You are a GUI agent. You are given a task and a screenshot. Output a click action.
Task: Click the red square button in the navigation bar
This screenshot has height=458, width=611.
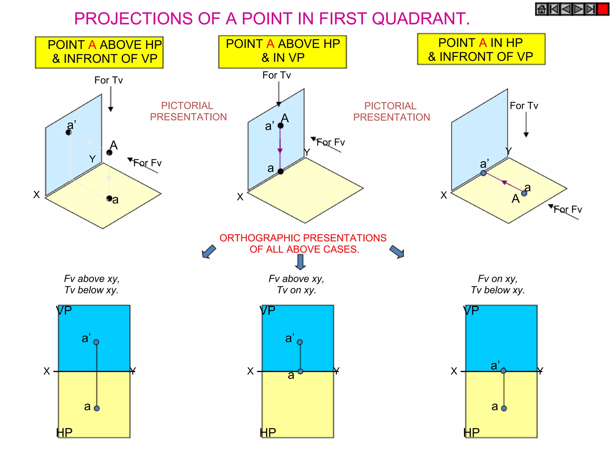pyautogui.click(x=603, y=9)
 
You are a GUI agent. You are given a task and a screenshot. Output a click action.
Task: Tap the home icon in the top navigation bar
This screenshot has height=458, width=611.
pyautogui.click(x=542, y=9)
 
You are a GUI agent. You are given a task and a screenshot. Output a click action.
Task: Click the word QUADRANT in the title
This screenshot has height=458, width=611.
pyautogui.click(x=421, y=18)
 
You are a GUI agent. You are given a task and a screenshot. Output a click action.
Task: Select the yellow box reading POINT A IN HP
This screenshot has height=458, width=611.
pyautogui.click(x=481, y=49)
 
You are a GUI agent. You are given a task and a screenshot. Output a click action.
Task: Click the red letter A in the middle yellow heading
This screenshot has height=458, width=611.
pyautogui.click(x=270, y=44)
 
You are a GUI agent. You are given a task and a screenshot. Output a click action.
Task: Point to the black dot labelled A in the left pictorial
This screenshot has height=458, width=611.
pyautogui.click(x=109, y=153)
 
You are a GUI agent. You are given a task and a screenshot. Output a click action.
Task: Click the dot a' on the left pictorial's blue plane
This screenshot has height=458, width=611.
pyautogui.click(x=69, y=132)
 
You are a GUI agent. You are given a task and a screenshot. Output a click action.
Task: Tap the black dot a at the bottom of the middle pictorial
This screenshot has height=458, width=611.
pyautogui.click(x=281, y=171)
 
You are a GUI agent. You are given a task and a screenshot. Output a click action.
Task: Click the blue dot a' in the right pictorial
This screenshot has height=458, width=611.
pyautogui.click(x=483, y=173)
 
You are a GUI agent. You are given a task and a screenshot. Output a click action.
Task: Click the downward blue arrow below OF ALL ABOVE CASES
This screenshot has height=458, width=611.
pyautogui.click(x=300, y=262)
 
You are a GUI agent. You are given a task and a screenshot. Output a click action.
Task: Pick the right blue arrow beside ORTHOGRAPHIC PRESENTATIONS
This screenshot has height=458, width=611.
pyautogui.click(x=397, y=252)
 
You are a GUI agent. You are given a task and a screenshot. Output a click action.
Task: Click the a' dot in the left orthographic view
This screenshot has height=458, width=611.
pyautogui.click(x=96, y=342)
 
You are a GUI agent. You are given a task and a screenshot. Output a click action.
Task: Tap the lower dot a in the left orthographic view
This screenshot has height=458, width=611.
pyautogui.click(x=97, y=408)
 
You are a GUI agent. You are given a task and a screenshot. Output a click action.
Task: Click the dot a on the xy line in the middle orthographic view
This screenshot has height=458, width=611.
pyautogui.click(x=300, y=372)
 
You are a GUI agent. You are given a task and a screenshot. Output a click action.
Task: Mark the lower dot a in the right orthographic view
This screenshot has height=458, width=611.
pyautogui.click(x=504, y=408)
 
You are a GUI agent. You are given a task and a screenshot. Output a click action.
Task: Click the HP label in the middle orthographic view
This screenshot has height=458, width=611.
pyautogui.click(x=268, y=433)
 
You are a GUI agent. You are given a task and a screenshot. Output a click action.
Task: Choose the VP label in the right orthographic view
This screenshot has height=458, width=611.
pyautogui.click(x=471, y=311)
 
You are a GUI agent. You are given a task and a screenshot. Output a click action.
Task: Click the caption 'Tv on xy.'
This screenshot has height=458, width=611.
pyautogui.click(x=296, y=290)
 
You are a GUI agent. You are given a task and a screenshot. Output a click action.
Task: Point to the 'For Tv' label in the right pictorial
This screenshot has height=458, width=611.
pyautogui.click(x=524, y=106)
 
